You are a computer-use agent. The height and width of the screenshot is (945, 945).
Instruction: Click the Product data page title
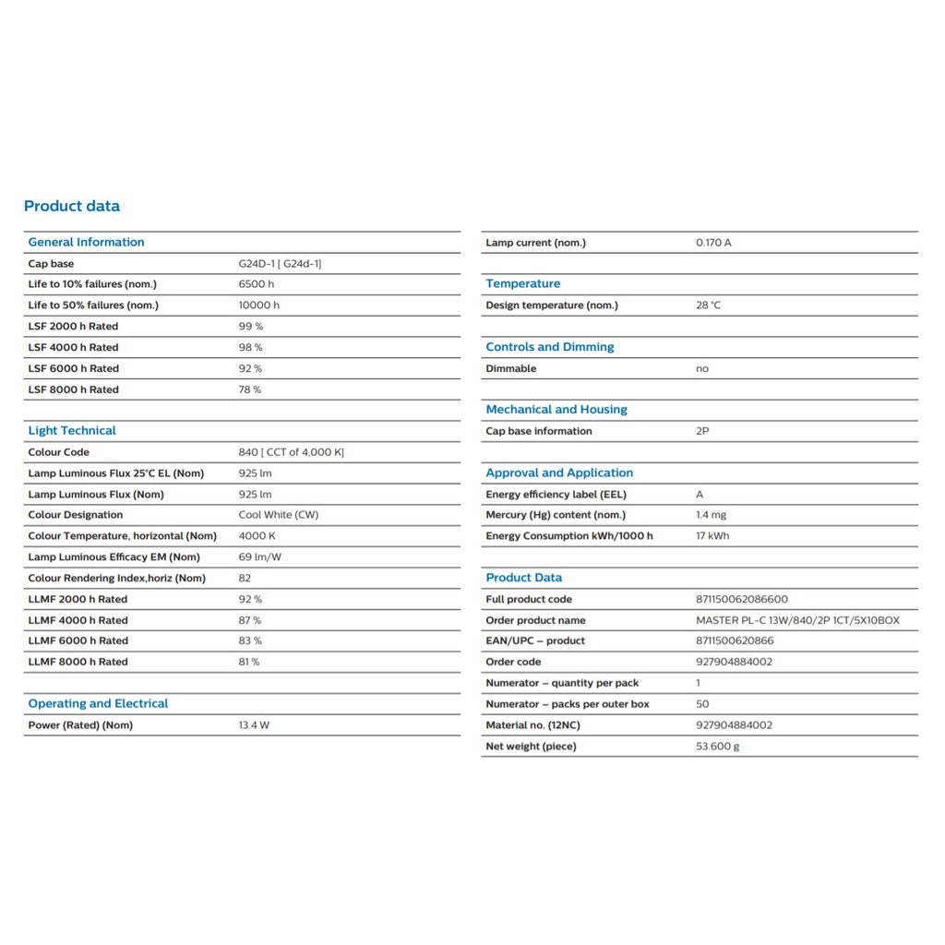tap(72, 206)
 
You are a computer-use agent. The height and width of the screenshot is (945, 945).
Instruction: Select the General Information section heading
tap(86, 243)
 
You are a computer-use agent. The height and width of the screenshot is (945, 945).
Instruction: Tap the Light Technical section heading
tap(72, 431)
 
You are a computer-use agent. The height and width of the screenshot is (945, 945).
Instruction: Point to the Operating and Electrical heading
tap(98, 704)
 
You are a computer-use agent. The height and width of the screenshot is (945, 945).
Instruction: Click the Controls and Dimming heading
tap(549, 347)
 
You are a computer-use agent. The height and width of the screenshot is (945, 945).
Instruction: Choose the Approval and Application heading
tap(559, 473)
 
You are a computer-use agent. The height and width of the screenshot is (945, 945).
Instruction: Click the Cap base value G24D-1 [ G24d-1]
tap(280, 264)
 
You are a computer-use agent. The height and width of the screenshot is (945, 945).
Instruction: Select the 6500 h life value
tap(256, 284)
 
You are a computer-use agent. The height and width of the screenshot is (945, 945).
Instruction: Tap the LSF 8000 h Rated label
tap(73, 389)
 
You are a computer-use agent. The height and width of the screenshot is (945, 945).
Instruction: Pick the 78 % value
tap(249, 389)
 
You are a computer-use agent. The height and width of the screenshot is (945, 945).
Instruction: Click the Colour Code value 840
tap(291, 452)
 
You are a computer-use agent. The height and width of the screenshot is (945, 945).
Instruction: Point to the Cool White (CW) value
tap(278, 515)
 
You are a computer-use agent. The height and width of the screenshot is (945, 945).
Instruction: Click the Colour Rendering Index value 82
tap(245, 579)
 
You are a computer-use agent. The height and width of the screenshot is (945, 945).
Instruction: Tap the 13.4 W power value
tap(254, 725)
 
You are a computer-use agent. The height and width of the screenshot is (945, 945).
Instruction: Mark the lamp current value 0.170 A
tap(713, 243)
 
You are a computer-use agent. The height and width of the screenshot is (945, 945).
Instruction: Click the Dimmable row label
tap(510, 368)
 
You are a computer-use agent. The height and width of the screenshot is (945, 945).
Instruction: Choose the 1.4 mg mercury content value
tap(711, 515)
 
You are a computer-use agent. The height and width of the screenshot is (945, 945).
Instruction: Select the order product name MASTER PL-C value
tap(797, 620)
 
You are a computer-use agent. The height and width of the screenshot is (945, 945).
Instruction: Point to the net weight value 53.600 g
tap(717, 747)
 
